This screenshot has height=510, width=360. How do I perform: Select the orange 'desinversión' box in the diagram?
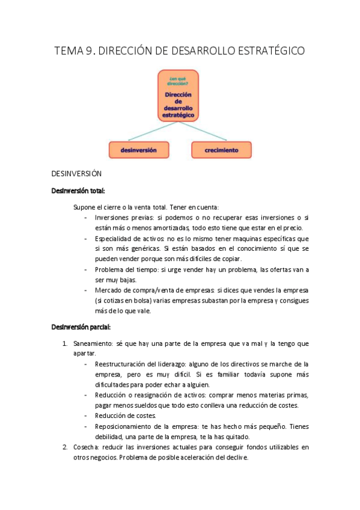pos(139,150)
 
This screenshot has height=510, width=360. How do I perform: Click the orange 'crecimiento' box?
pos(221,150)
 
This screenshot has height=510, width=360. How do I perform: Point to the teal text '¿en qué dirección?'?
pos(178,82)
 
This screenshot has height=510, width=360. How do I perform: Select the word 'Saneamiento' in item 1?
pos(93,343)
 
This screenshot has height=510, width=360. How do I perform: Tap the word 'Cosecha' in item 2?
pos(85,447)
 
